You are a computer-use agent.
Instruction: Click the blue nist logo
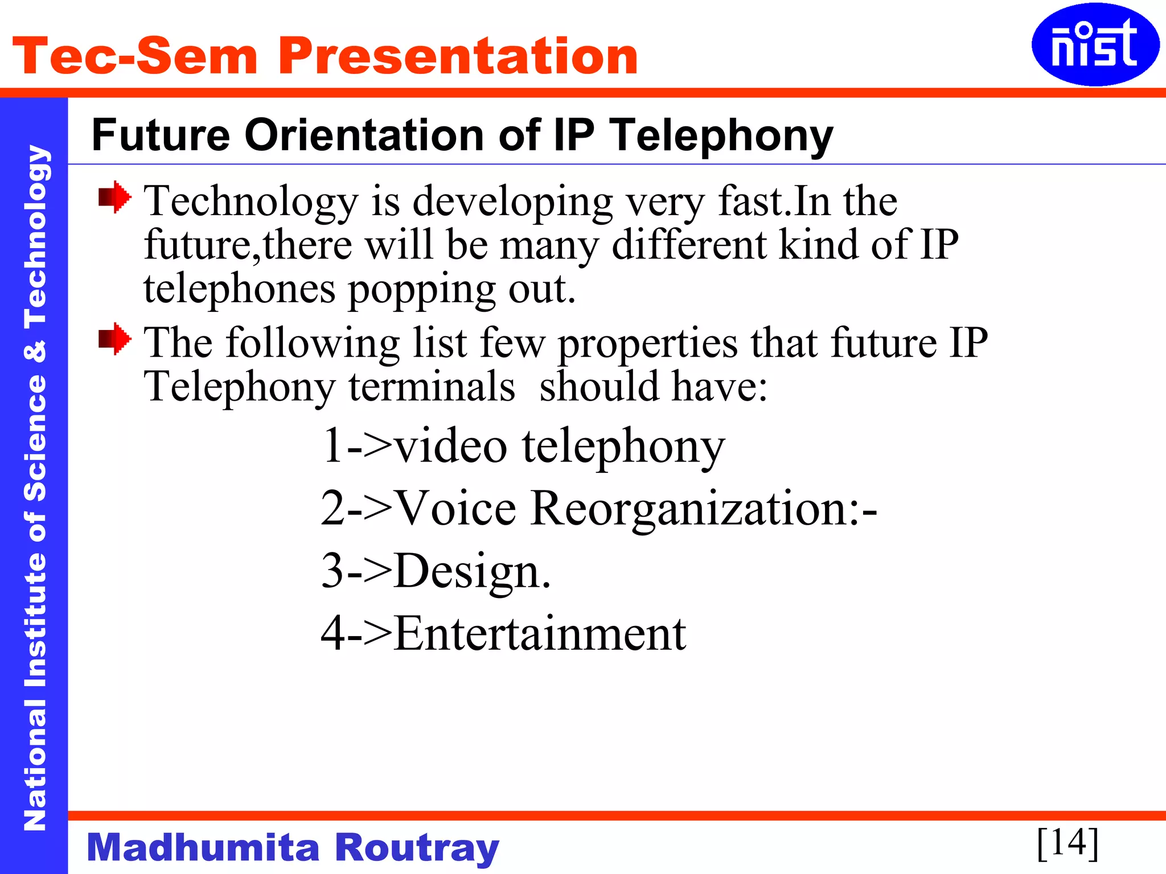click(x=1094, y=45)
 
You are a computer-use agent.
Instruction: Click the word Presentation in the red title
click(x=458, y=56)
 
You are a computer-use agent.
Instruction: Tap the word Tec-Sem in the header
click(x=135, y=56)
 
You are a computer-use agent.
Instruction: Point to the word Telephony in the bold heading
click(x=721, y=137)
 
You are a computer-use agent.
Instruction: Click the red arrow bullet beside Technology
click(x=114, y=197)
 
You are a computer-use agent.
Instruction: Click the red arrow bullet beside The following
click(x=114, y=339)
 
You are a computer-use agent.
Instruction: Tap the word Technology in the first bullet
click(x=251, y=201)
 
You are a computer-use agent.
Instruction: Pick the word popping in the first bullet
click(x=421, y=289)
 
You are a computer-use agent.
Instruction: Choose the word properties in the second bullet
click(x=647, y=344)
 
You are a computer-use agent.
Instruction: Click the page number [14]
click(x=1068, y=843)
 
